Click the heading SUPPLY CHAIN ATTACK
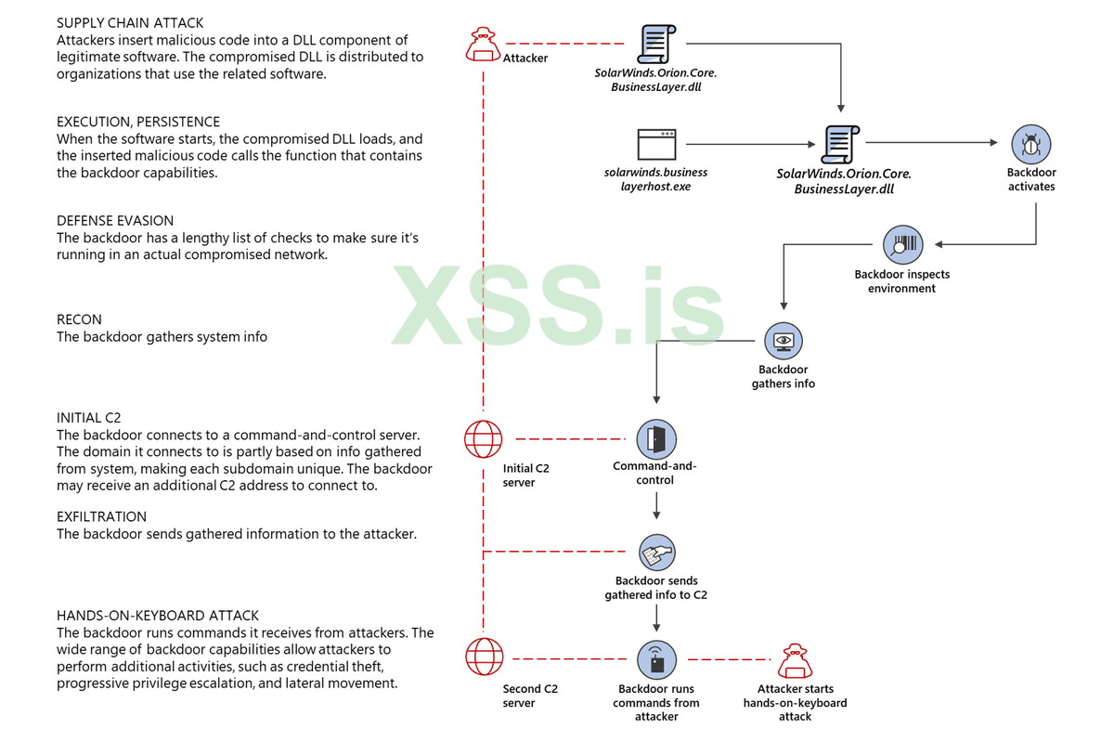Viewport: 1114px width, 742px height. (x=130, y=23)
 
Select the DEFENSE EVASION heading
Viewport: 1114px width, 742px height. (x=115, y=221)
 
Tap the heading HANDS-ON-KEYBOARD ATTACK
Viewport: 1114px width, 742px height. (x=158, y=616)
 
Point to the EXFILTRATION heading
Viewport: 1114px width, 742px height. (x=101, y=517)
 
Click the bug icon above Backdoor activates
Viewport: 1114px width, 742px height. (x=1030, y=144)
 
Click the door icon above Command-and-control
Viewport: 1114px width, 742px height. (x=656, y=438)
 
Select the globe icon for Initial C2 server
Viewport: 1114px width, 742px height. (x=484, y=438)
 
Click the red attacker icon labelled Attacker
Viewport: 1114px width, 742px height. (x=484, y=44)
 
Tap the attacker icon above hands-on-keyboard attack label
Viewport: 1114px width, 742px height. (x=794, y=660)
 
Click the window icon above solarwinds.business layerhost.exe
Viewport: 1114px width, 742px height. (x=656, y=145)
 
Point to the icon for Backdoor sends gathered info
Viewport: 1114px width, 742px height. (x=656, y=553)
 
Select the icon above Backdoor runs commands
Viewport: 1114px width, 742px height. (x=656, y=660)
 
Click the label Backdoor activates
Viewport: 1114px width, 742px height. (x=1031, y=179)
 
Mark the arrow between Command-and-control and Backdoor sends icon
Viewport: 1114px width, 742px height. (x=656, y=507)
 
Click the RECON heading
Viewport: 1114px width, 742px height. (x=79, y=319)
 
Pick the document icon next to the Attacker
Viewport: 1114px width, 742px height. (x=656, y=44)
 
